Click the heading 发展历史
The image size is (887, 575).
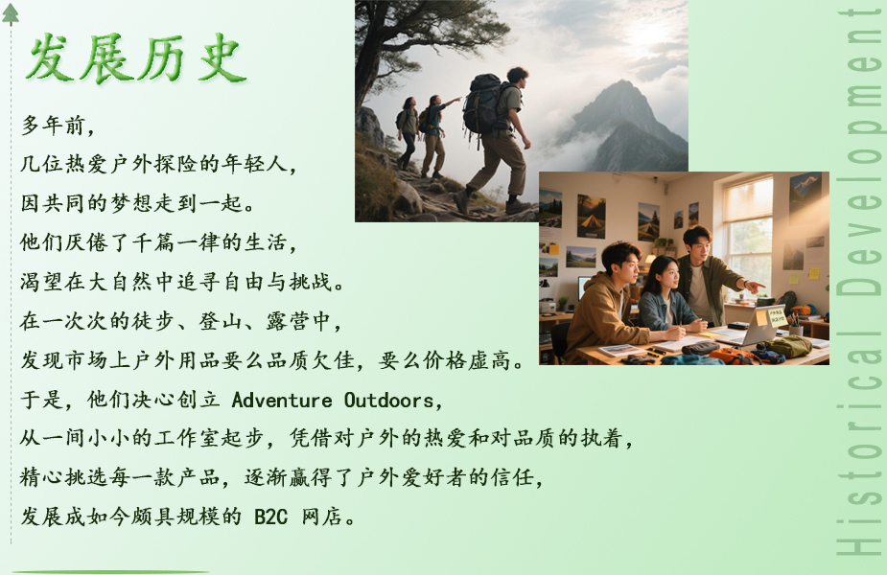(x=136, y=57)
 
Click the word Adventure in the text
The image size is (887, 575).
(x=282, y=400)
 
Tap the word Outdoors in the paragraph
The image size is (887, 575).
(x=388, y=400)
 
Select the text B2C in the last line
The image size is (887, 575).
(x=271, y=517)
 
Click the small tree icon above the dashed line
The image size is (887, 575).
(x=11, y=14)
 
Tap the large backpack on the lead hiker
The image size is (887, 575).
(x=482, y=104)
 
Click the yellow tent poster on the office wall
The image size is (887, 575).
(x=591, y=216)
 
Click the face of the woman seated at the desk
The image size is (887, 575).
(x=668, y=275)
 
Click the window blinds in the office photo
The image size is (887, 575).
(x=747, y=199)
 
